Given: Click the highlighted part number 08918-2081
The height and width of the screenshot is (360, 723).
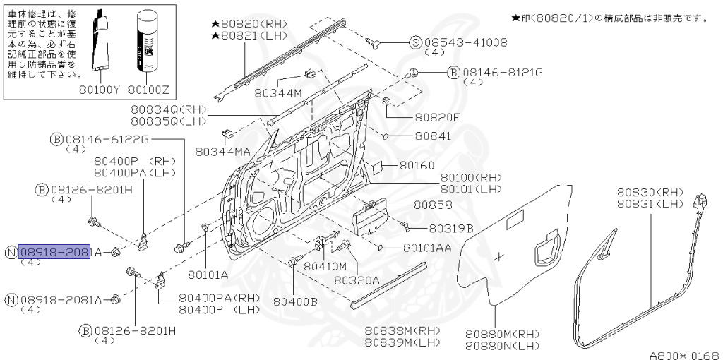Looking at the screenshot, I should click(x=54, y=252).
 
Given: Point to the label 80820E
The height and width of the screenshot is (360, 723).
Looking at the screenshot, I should click(x=437, y=117).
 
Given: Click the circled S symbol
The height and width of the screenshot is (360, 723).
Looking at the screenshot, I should click(x=415, y=42).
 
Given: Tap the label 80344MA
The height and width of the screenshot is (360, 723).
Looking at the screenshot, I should click(x=223, y=151).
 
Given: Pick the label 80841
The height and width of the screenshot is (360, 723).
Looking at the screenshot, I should click(x=433, y=136).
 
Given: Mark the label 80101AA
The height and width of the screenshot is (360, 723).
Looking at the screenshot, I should click(x=427, y=248).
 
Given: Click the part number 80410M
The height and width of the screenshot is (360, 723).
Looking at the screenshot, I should click(x=325, y=266).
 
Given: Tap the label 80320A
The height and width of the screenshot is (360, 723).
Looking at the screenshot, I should click(x=357, y=280).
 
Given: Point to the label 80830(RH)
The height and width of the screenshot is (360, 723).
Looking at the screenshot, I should click(x=650, y=192).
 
